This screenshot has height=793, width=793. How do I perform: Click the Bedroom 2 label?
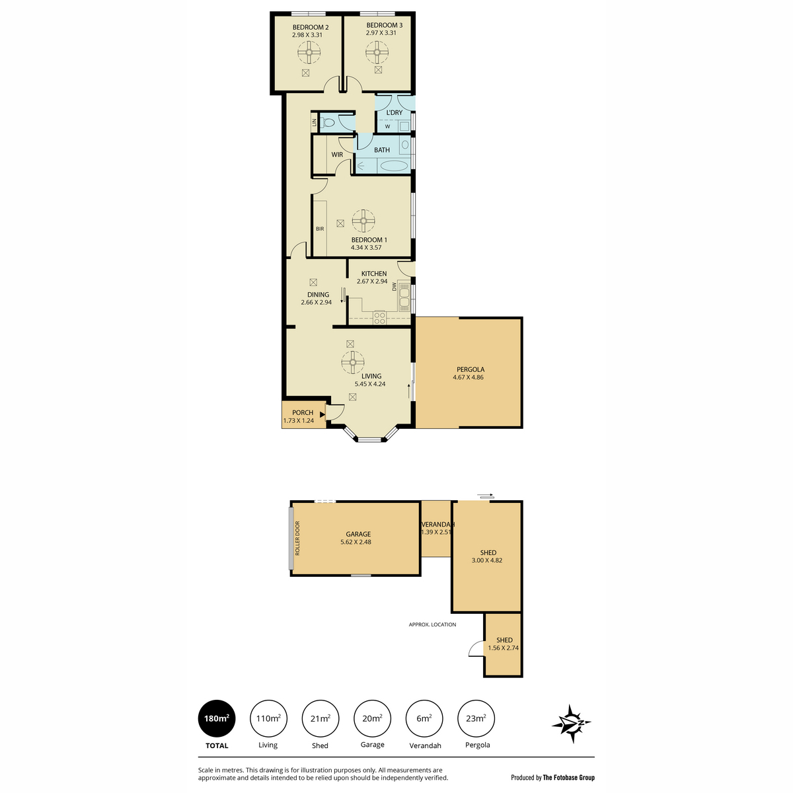point(311,28)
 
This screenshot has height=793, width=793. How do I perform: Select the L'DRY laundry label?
point(394,112)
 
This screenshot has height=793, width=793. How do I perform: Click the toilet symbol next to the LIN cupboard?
point(328,123)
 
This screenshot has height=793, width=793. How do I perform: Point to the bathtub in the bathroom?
point(393,167)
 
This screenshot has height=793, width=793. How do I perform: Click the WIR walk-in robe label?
point(337,155)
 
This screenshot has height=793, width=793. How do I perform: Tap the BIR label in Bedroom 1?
point(320,229)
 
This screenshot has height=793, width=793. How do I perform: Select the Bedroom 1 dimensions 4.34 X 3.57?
point(366,248)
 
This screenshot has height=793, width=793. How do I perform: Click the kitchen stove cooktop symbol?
point(379,317)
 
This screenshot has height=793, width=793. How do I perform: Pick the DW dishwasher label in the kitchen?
point(394,286)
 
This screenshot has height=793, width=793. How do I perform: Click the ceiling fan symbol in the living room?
point(353,363)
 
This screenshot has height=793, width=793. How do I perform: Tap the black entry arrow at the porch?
point(322,415)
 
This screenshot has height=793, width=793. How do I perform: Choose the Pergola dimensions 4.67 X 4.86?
point(468,377)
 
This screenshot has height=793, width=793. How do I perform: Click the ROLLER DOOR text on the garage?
point(297,539)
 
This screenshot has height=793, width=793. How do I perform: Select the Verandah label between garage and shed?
point(437,524)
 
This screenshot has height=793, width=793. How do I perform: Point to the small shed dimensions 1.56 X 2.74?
point(503,648)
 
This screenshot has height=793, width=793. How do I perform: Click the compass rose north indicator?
point(571,723)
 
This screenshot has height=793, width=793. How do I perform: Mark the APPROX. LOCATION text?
point(432,624)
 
